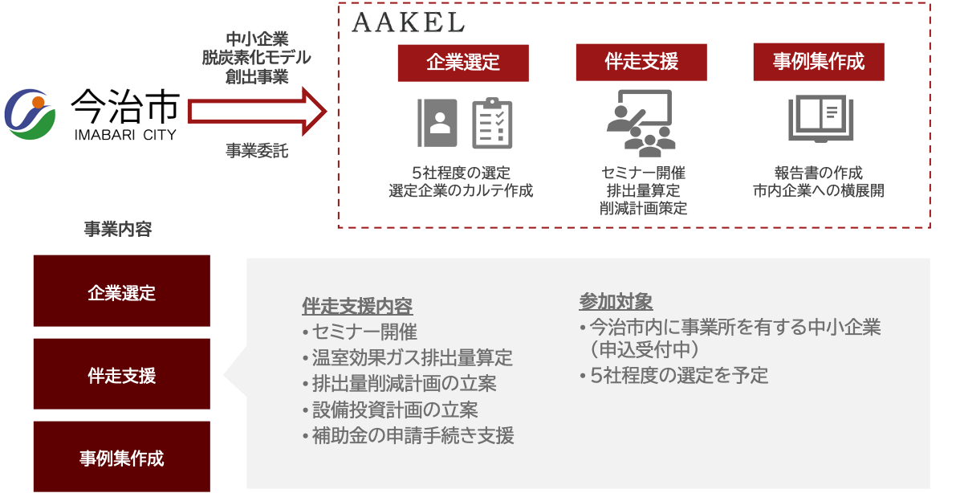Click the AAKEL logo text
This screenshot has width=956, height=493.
408,23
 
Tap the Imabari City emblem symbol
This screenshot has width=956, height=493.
31,113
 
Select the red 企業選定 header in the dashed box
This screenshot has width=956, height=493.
463,63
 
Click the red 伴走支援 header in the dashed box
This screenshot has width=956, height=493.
641,63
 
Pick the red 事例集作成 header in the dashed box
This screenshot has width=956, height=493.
818,63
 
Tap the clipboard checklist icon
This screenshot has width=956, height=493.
492,123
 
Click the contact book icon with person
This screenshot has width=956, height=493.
437,123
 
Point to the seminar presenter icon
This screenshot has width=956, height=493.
639,123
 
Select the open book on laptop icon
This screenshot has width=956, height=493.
818,119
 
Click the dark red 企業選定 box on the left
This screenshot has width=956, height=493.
121,291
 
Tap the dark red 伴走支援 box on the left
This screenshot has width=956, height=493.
121,375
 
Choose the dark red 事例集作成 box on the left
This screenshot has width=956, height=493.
121,458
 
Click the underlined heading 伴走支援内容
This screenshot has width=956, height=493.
357,307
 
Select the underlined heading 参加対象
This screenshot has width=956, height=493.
616,302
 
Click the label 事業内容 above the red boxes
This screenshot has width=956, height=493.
118,230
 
